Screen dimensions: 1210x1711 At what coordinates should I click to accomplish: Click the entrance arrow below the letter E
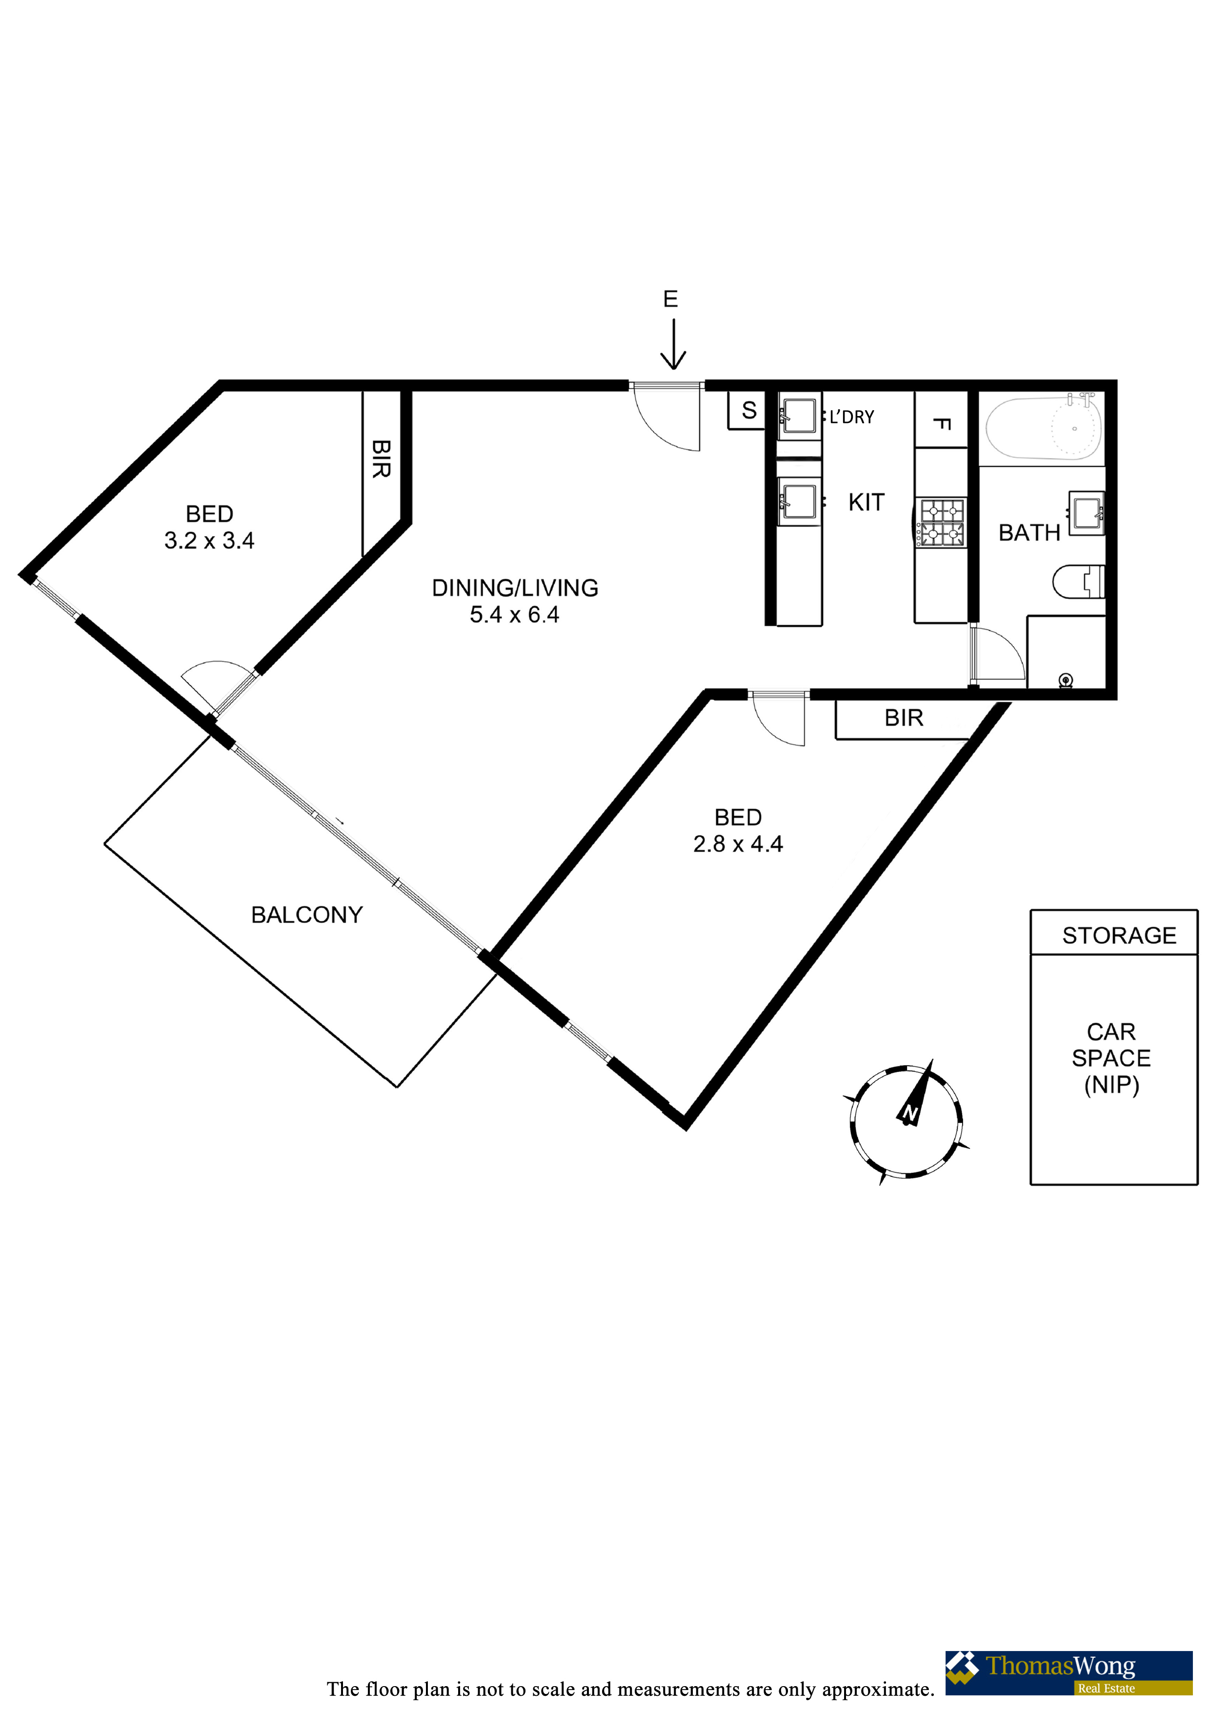pos(673,344)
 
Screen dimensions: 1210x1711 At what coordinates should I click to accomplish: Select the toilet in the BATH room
pos(1078,582)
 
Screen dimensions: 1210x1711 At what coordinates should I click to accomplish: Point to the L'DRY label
pos(851,418)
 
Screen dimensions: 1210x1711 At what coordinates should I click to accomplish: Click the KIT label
pos(867,502)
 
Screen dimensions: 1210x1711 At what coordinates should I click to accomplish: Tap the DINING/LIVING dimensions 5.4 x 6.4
pos(514,615)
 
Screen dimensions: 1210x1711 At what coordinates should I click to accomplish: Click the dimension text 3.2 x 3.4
pos(209,540)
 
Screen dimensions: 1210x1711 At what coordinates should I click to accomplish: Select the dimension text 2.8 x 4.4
pos(738,844)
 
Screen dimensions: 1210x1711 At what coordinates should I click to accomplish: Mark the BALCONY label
pos(307,915)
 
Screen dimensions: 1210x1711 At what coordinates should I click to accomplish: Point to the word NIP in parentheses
pos(1111,1085)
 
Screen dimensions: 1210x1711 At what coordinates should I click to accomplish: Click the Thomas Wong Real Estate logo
pos(1069,1673)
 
